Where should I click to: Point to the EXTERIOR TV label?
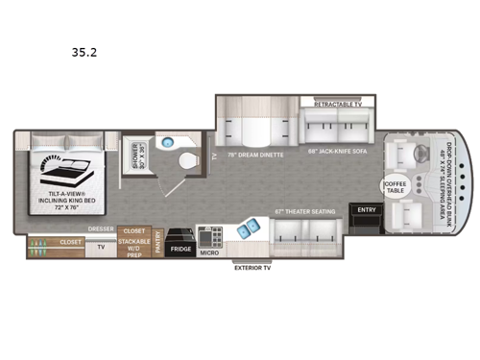pyautogui.click(x=253, y=269)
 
